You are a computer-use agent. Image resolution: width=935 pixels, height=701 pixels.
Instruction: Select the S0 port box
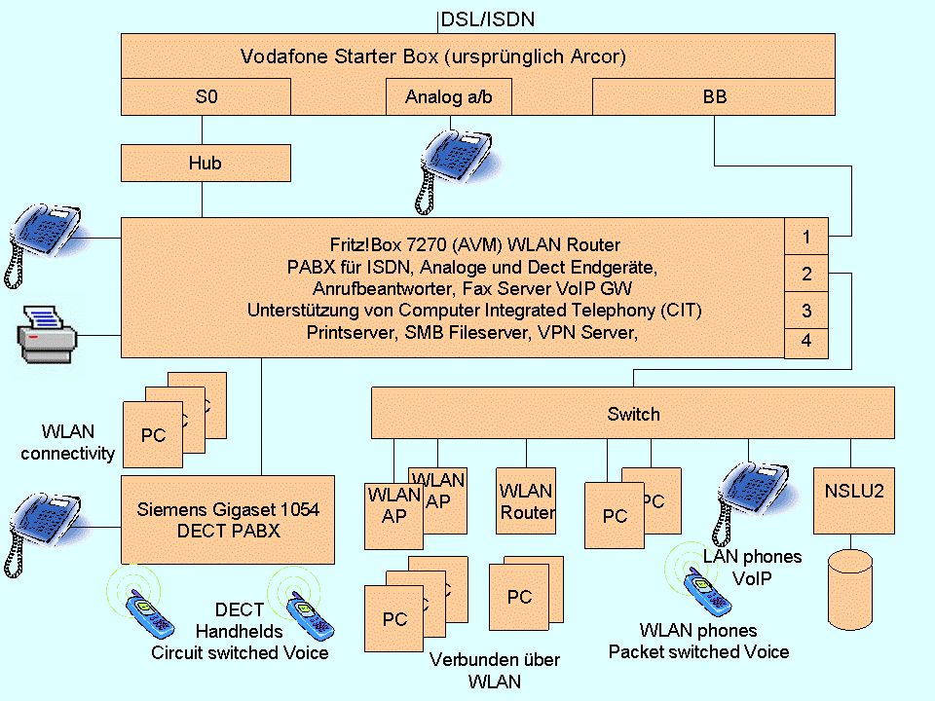click(206, 97)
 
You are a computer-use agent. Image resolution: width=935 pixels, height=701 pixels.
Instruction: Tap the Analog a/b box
click(449, 97)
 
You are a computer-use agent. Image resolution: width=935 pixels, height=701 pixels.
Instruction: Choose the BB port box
click(714, 97)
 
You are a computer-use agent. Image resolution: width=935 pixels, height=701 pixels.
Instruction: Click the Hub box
click(206, 163)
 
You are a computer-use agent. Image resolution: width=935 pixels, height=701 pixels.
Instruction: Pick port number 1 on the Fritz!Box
click(806, 237)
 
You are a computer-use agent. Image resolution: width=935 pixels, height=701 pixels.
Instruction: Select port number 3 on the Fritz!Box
click(806, 311)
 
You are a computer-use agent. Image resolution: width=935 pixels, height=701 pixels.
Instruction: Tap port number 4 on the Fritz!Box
click(806, 343)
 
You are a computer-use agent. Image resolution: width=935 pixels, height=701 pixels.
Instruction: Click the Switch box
click(633, 414)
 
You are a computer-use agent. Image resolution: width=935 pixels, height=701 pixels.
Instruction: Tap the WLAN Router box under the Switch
click(527, 500)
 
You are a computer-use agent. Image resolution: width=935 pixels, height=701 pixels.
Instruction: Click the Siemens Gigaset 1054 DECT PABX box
click(228, 520)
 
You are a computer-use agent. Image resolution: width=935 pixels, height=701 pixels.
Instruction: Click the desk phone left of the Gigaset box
click(44, 526)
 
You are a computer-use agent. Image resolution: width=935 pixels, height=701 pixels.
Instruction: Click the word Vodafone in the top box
click(282, 56)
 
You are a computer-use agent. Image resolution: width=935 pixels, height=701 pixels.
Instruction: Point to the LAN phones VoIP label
click(752, 567)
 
